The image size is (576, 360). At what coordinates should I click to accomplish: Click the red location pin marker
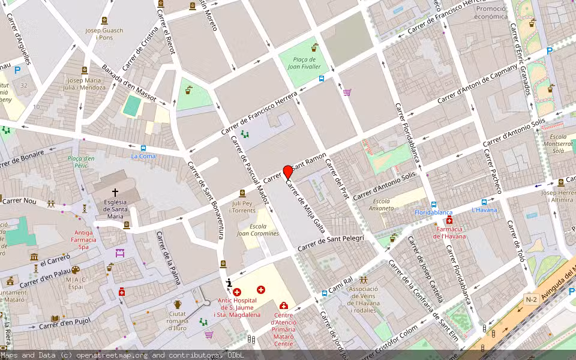coord(287,172)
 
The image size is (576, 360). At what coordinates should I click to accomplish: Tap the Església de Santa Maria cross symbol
coord(115,193)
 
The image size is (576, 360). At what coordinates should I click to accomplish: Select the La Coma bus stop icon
coord(143,148)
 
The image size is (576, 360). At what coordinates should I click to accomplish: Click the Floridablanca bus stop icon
coord(434,204)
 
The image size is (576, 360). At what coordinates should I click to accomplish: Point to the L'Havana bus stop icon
coord(484,202)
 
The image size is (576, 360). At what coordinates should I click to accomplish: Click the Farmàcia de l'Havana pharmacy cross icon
coord(449,220)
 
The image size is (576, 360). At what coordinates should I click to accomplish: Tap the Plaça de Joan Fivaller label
coord(304,63)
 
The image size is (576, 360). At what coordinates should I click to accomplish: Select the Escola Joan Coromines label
coord(258,230)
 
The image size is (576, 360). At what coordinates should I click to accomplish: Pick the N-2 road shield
coord(531,299)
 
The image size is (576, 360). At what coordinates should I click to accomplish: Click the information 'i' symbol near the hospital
coord(228,283)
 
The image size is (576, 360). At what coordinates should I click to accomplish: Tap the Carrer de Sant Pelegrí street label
coord(331,243)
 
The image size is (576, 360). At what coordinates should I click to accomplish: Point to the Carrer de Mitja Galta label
coord(306,206)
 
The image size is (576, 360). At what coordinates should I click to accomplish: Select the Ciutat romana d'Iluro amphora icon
coord(178,304)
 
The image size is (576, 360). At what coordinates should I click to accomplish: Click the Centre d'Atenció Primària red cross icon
coord(284,305)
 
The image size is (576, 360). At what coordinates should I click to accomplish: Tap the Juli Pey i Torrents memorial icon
coord(242,193)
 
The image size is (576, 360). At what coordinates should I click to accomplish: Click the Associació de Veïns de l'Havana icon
coord(364,280)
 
